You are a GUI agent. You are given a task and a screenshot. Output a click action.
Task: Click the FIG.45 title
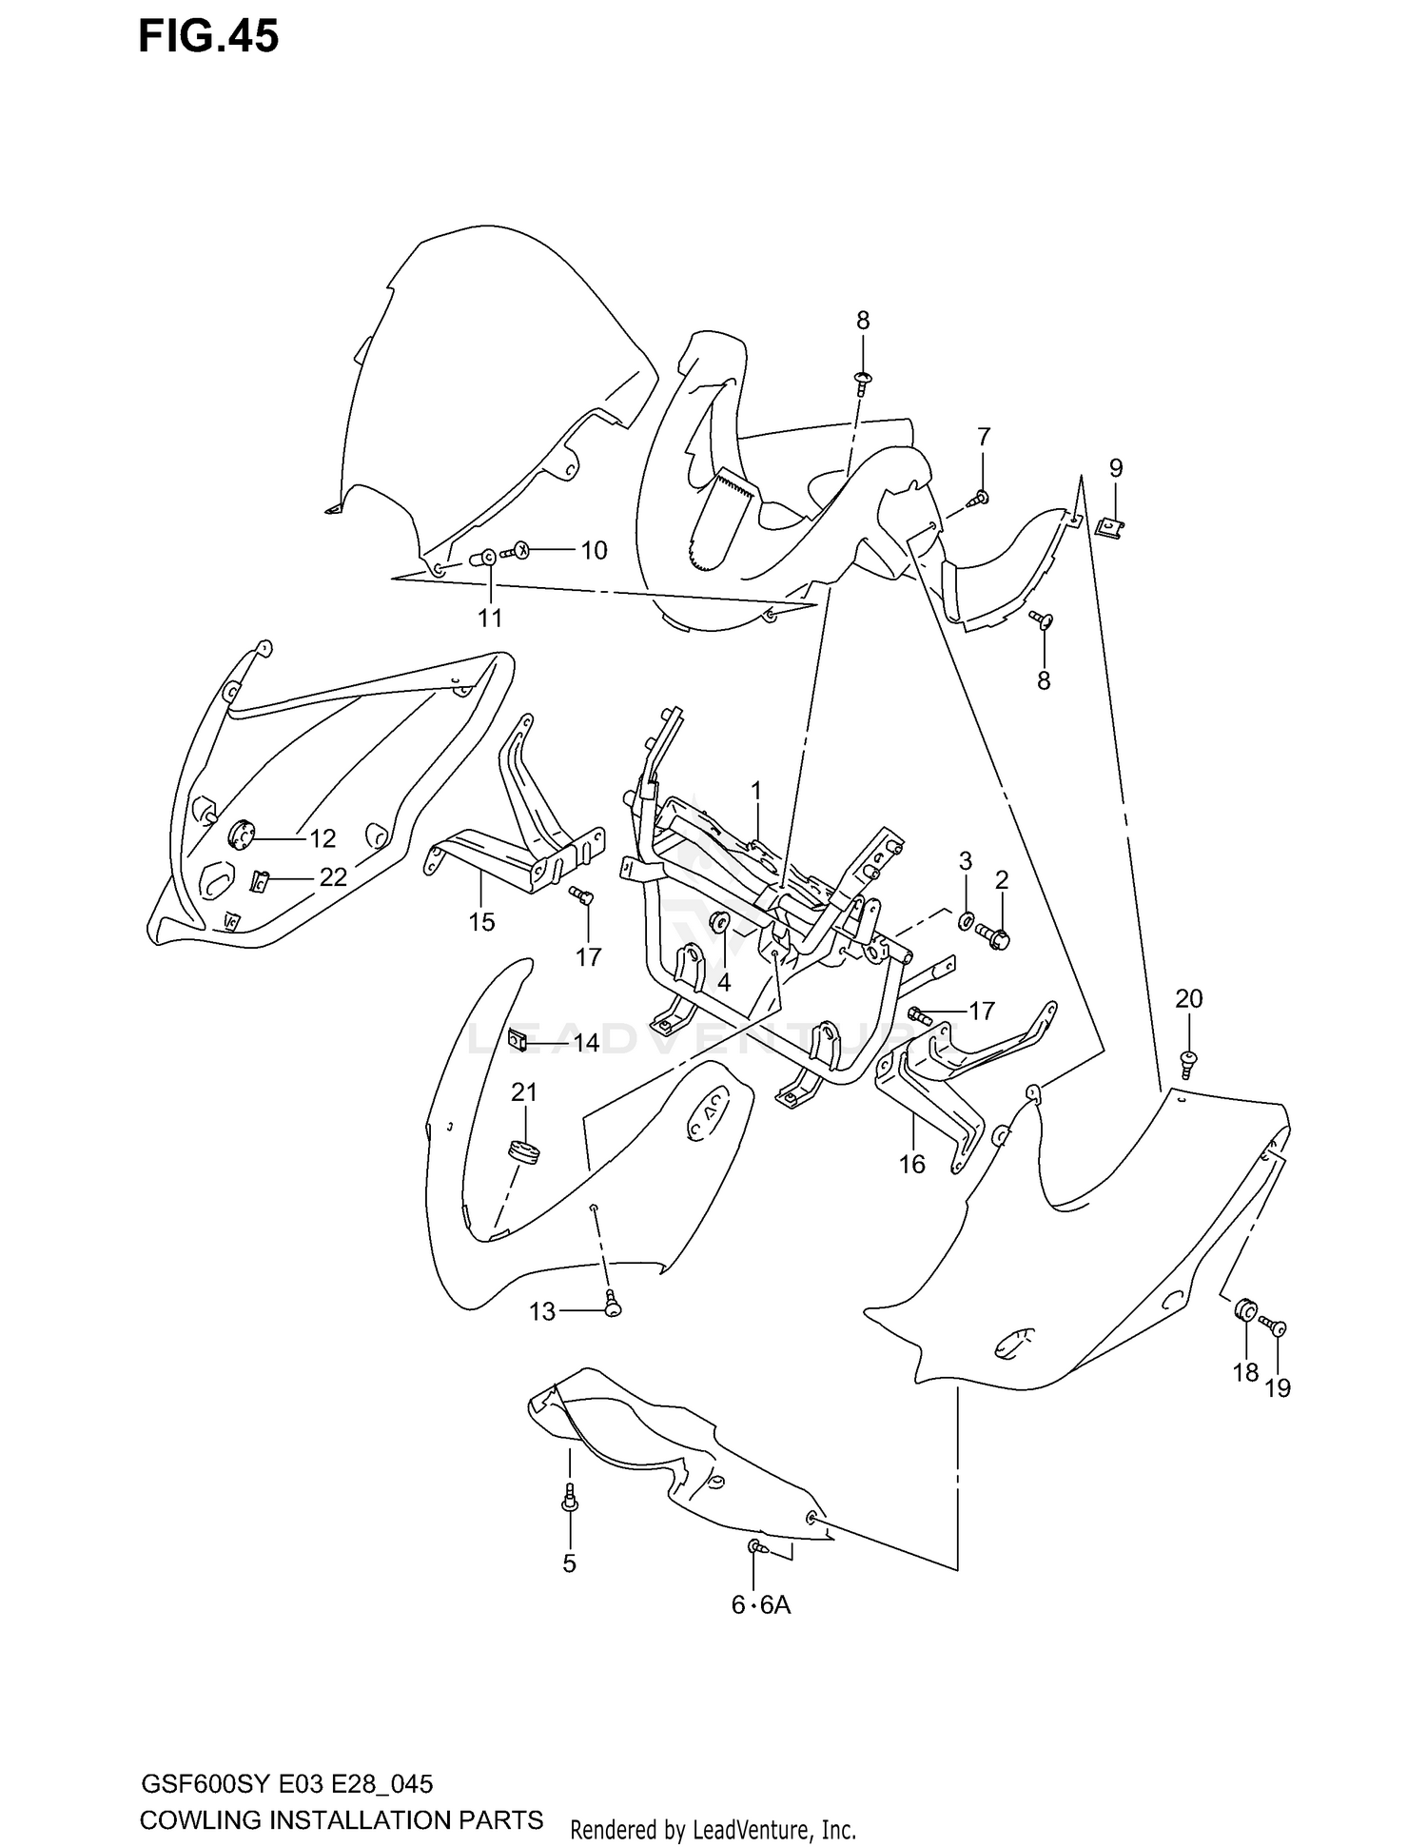208,37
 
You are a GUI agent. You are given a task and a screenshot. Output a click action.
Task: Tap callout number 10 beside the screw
594,551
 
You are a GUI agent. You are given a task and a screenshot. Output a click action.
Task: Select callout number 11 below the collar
489,619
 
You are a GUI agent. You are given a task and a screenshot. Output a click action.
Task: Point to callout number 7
984,437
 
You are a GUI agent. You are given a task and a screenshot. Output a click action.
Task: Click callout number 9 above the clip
1116,468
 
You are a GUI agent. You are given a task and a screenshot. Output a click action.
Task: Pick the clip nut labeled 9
1108,525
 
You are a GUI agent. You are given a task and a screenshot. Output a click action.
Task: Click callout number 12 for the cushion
323,838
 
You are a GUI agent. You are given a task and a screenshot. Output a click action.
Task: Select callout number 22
332,876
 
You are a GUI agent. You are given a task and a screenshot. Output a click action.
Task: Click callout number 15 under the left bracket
481,921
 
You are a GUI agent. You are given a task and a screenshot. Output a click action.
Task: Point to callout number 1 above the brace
756,791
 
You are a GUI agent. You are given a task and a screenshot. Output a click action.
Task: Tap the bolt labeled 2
993,937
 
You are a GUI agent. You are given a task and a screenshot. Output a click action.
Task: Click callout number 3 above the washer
965,861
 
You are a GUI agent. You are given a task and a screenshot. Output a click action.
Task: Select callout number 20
1189,998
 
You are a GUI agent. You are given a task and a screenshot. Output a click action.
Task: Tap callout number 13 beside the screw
541,1312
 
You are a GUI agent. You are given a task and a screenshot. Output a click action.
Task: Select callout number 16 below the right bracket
911,1164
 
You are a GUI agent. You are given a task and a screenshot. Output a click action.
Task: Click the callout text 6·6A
761,1606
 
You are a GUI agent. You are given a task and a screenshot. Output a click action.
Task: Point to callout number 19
1278,1388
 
